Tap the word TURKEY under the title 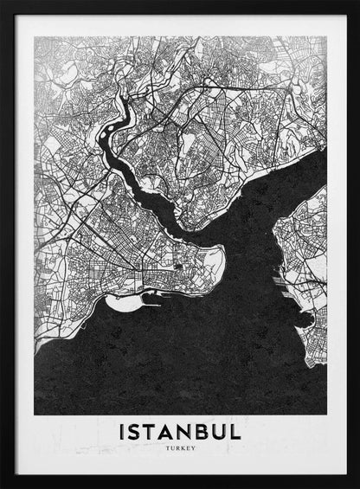coord(180,447)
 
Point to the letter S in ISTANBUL coord(136,430)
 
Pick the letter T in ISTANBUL coord(153,430)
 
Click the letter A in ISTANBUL coord(171,430)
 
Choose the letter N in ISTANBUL coord(190,430)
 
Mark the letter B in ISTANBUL coord(208,430)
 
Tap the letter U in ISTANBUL coord(225,430)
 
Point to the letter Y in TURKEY coord(193,447)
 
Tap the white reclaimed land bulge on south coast coord(129,302)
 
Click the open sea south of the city coord(173,364)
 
